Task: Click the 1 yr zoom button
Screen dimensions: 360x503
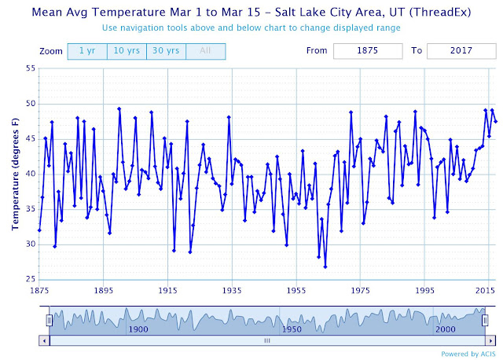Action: coord(86,51)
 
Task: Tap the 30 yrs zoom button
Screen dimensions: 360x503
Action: coord(166,51)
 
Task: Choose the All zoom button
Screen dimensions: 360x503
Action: coord(206,51)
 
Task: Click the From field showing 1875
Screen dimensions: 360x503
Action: coord(366,51)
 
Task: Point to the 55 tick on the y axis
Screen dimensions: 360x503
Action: coord(31,68)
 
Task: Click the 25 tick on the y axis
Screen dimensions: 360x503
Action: coord(31,279)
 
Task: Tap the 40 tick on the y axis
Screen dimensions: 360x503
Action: coord(31,174)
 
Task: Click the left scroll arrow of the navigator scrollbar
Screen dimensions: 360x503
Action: coord(44,340)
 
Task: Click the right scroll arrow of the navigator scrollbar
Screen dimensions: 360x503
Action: coord(490,340)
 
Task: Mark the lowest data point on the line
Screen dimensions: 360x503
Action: coord(325,266)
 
